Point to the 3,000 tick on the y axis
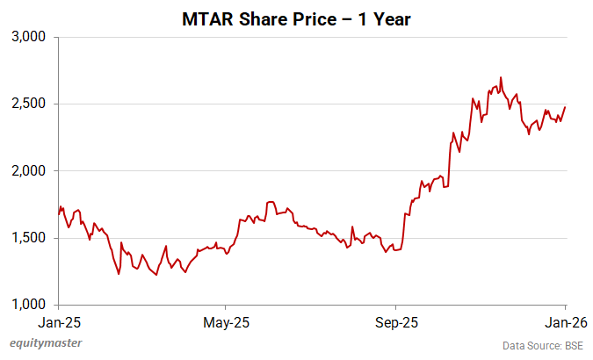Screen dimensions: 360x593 [32, 37]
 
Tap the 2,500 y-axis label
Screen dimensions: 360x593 [32, 104]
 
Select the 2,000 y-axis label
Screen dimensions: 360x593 [32, 171]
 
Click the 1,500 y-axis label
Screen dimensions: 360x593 [32, 238]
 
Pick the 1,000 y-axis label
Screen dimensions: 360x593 [32, 305]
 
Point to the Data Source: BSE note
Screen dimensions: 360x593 [542, 344]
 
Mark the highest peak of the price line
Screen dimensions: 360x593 [500, 77]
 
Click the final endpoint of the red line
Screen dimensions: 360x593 [564, 107]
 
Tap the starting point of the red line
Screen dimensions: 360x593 [59, 214]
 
